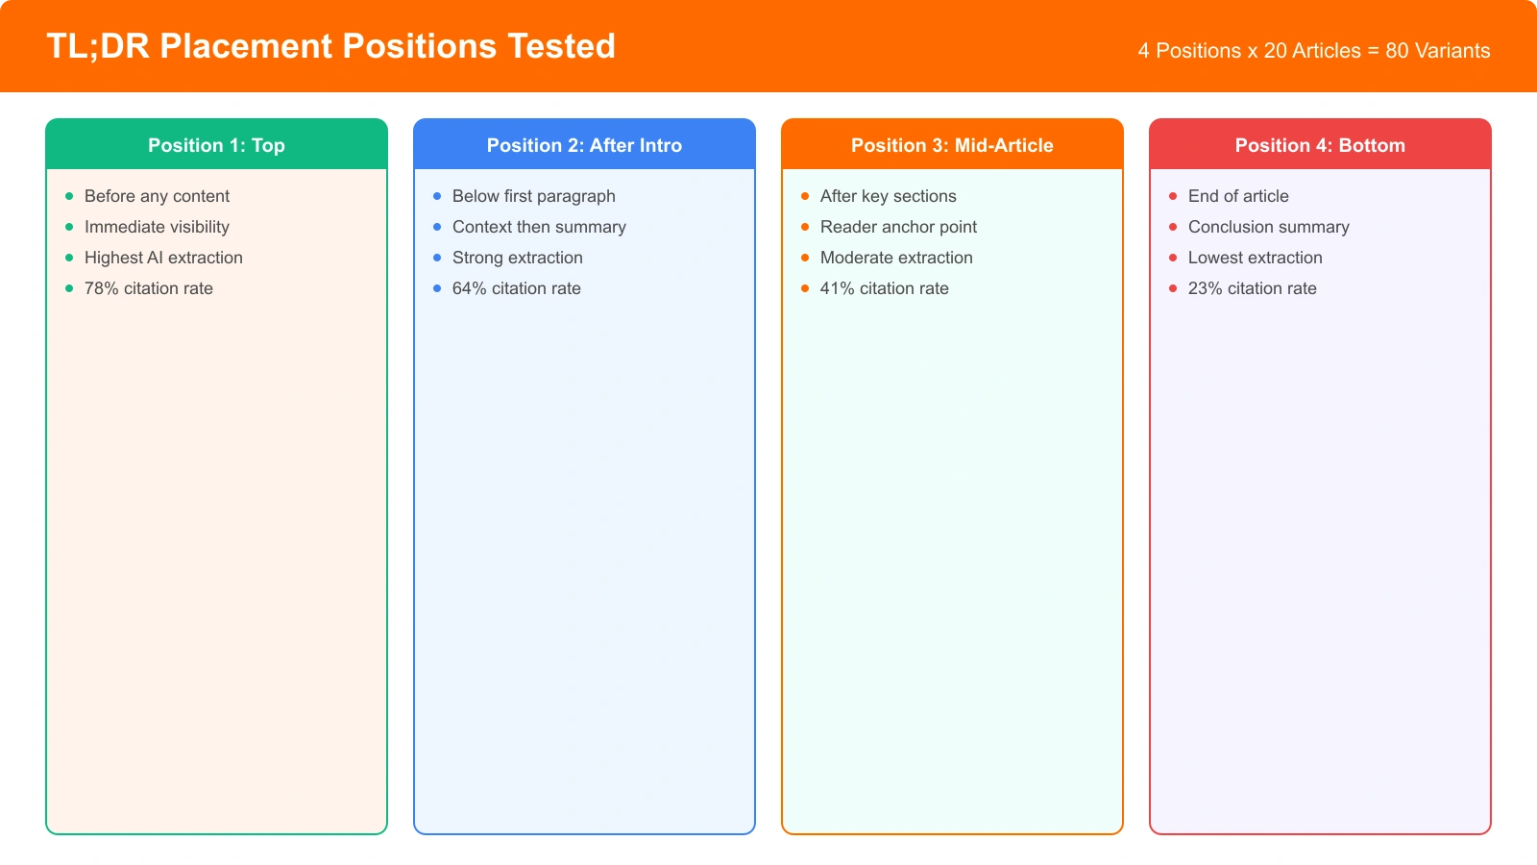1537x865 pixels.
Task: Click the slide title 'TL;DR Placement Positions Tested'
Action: [330, 46]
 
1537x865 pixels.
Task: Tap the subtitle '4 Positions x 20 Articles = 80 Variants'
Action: [1313, 51]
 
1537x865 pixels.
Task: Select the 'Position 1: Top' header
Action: [216, 145]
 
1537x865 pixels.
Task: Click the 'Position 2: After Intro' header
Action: [584, 145]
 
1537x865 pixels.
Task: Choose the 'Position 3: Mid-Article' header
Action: [952, 145]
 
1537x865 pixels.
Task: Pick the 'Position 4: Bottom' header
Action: [1320, 145]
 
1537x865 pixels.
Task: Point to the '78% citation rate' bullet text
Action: [149, 288]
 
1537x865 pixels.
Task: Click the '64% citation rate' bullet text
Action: [517, 288]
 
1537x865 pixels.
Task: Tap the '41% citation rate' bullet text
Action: [885, 288]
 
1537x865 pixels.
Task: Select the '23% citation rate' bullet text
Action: [1253, 288]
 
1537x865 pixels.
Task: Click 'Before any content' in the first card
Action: [157, 196]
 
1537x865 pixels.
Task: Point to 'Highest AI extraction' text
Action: [163, 258]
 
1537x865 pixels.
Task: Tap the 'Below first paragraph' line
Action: [534, 196]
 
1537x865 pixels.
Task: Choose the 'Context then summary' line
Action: [539, 227]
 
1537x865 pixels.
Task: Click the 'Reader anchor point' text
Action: [898, 227]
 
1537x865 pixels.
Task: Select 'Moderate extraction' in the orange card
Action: [896, 258]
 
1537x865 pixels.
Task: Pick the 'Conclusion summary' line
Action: [1269, 227]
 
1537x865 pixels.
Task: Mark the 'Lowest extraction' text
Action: [1256, 258]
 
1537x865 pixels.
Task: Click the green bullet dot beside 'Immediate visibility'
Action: [69, 227]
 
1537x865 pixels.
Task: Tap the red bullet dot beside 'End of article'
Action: [1173, 196]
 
